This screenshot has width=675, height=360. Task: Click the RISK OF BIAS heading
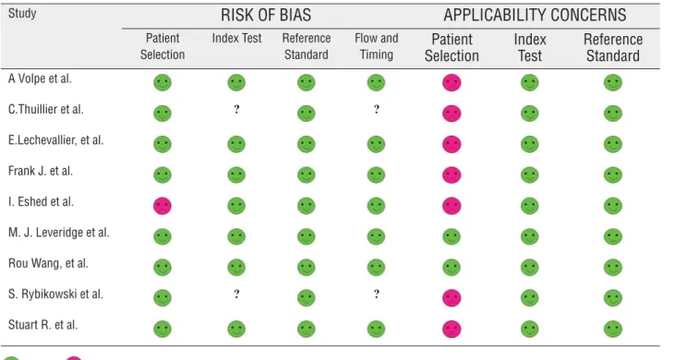click(266, 15)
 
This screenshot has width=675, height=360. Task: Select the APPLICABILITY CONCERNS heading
click(535, 15)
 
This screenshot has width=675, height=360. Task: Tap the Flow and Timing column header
click(376, 46)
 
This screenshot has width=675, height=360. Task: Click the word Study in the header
click(22, 13)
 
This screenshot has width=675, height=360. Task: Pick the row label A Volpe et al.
click(40, 78)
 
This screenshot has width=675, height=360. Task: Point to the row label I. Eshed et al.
click(41, 202)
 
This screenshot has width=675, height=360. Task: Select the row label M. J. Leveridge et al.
click(58, 233)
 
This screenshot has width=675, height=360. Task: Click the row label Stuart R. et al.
click(42, 325)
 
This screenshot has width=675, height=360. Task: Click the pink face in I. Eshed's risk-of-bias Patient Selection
click(163, 206)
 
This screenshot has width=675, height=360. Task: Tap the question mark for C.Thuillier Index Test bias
click(236, 109)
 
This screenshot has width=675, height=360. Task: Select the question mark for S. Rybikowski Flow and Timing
click(376, 294)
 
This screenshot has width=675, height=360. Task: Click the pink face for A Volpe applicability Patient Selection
click(452, 82)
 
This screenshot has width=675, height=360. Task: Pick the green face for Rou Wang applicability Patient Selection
click(452, 267)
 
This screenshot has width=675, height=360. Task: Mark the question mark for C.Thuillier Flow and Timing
click(376, 109)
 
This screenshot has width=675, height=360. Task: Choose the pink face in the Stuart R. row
click(452, 329)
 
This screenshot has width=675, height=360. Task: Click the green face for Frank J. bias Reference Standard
click(306, 175)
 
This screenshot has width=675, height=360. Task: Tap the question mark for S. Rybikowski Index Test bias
click(236, 294)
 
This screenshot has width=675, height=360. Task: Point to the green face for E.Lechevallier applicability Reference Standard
click(612, 144)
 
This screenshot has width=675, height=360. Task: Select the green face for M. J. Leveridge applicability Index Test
click(529, 236)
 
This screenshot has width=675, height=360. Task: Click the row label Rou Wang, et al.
click(48, 263)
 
